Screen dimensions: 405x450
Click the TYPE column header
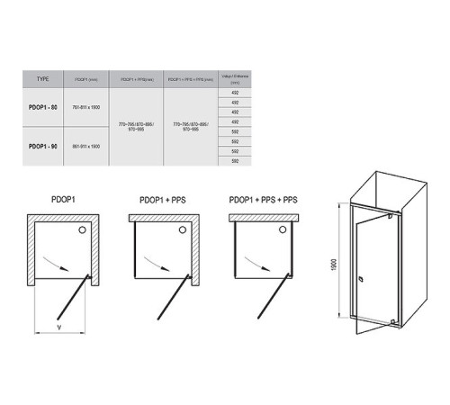(x=43, y=79)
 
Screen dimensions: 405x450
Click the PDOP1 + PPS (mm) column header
(x=137, y=79)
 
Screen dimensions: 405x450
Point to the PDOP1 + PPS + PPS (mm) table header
(x=190, y=79)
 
